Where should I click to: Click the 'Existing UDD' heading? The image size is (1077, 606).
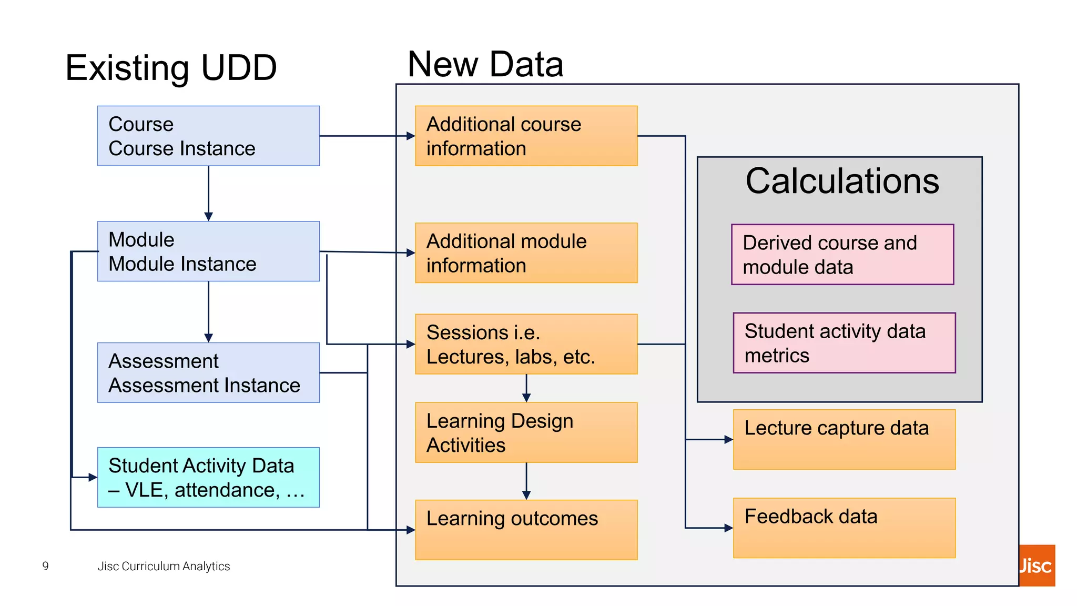(171, 68)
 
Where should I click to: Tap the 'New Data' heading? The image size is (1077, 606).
(485, 64)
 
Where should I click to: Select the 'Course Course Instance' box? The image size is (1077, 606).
(208, 136)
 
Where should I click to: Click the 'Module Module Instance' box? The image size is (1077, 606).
(208, 251)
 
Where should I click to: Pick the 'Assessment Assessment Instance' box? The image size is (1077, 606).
(208, 373)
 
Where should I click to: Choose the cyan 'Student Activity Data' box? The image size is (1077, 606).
(208, 477)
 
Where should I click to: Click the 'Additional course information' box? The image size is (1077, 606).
(526, 136)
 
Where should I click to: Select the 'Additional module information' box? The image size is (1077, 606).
(526, 253)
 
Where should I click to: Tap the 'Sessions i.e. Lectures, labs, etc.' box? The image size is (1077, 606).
(526, 344)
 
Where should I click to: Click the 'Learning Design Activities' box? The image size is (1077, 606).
(526, 432)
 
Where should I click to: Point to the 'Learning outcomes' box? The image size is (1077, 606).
(526, 530)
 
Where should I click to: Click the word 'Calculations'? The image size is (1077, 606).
(842, 181)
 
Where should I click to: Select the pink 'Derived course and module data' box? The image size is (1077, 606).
(842, 255)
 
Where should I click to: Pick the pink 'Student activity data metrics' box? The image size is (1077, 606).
(844, 343)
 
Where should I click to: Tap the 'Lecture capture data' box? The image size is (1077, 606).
(844, 439)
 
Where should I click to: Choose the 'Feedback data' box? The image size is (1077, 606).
(844, 528)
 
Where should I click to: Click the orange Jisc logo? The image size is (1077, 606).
(1037, 565)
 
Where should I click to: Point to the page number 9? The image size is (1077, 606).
(46, 566)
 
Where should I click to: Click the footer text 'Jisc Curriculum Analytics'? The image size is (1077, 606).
(164, 566)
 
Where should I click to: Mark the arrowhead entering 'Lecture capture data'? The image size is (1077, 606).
(728, 439)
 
